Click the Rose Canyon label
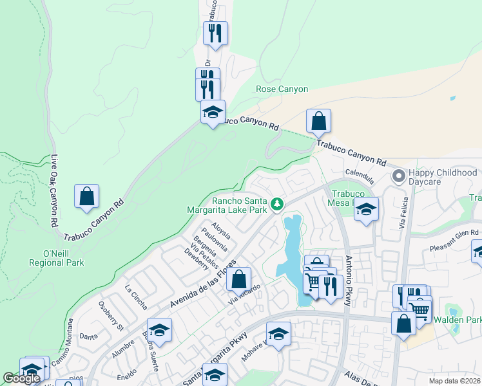(x=282, y=89)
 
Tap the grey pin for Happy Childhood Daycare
(x=399, y=175)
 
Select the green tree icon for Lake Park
(x=277, y=204)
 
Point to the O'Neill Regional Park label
(x=57, y=258)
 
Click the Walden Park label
(x=457, y=320)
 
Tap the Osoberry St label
(x=111, y=314)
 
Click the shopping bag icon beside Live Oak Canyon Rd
(x=86, y=196)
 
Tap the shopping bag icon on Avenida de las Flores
(x=238, y=279)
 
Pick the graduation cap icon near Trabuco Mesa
(x=366, y=209)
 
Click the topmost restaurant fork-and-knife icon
(x=215, y=32)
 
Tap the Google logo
(x=21, y=378)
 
